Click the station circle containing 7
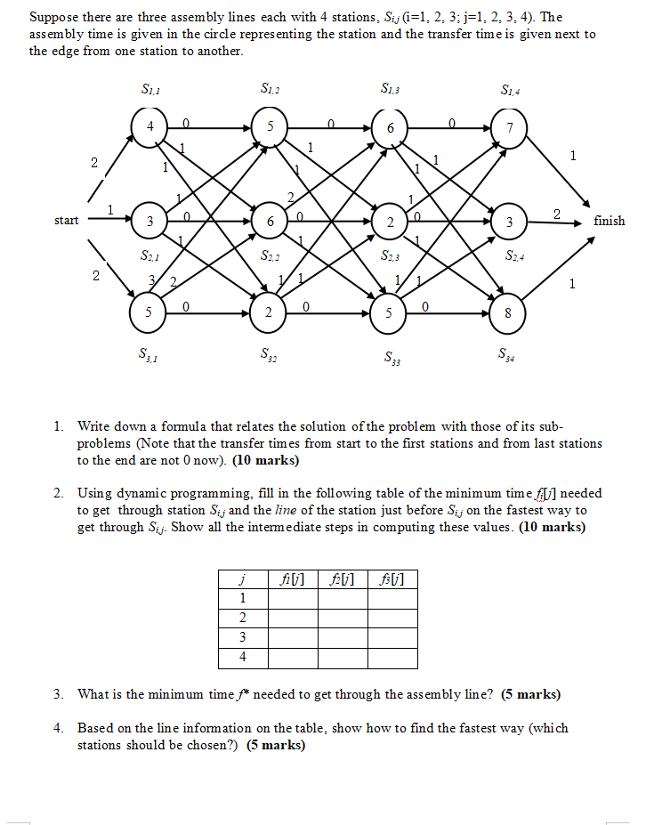509,128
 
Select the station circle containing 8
508,313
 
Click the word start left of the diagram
66,220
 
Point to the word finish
610,221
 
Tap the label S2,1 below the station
149,256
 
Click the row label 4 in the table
243,658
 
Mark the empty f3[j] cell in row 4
392,658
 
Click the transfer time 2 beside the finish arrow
556,214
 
